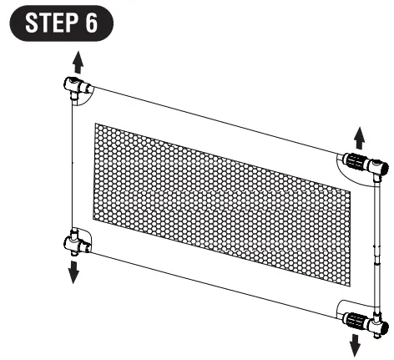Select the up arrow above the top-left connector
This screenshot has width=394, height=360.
coord(77,61)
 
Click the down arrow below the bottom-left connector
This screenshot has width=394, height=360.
coord(74,271)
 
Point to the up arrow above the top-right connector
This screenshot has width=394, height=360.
coord(359,136)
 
